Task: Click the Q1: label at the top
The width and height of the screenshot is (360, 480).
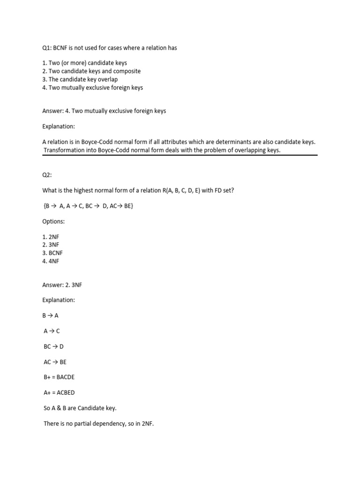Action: coord(47,48)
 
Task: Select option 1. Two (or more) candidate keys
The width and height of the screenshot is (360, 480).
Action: coord(84,63)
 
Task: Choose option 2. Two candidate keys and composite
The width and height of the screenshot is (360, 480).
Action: coord(91,71)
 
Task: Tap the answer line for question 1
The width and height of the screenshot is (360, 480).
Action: coord(104,111)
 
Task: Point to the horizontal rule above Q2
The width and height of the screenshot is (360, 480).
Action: coord(180,155)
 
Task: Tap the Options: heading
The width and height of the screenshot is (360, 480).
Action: coord(54,221)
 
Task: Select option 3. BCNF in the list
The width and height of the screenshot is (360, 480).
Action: coord(53,253)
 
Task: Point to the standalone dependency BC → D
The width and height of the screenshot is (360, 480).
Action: coord(53,346)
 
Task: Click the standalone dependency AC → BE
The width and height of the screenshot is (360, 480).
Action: coord(55,362)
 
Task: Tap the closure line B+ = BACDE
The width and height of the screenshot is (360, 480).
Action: coord(59,377)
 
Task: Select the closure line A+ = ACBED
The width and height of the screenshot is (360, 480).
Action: coord(59,393)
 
